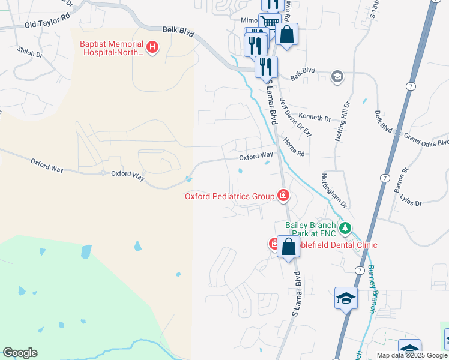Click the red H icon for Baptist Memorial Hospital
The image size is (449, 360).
(x=152, y=46)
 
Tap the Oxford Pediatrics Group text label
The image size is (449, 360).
(x=229, y=196)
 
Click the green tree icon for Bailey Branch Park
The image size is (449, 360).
(x=345, y=228)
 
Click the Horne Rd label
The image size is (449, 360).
(x=294, y=146)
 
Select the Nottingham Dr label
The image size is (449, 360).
(x=334, y=190)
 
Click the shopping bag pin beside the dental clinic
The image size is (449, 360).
(x=288, y=246)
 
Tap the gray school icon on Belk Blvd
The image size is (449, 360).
(x=337, y=76)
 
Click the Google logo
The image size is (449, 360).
(x=20, y=353)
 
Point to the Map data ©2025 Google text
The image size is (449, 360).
(x=411, y=355)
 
